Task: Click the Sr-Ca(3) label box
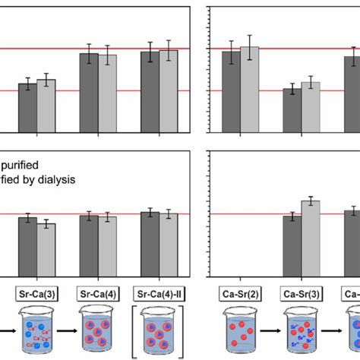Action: tap(37, 292)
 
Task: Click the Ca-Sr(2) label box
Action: tap(240, 292)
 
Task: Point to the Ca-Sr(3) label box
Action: tap(301, 292)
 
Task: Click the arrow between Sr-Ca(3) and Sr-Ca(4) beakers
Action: tap(68, 332)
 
